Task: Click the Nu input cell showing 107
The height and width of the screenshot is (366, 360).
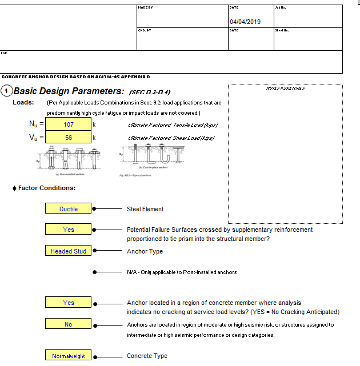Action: (68, 124)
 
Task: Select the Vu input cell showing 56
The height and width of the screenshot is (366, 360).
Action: (68, 138)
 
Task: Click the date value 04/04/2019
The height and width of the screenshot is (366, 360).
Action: (245, 22)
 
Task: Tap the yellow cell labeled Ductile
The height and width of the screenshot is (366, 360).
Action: (68, 209)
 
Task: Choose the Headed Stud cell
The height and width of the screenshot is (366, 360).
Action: (68, 251)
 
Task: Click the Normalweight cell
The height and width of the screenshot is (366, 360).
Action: (68, 356)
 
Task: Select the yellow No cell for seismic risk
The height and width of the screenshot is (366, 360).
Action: (68, 324)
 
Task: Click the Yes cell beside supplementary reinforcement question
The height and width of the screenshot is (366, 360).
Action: (68, 230)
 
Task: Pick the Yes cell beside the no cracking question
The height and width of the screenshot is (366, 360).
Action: (68, 303)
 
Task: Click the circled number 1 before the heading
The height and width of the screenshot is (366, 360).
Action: (6, 91)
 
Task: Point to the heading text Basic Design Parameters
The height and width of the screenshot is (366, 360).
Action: (69, 91)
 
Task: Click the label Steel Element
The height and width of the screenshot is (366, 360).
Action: (145, 210)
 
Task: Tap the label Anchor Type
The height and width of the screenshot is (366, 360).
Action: (145, 251)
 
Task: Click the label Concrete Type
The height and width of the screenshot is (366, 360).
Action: (147, 356)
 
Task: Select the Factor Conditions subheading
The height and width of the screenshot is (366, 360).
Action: (46, 188)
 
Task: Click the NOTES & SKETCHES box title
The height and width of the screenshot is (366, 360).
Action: (285, 89)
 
